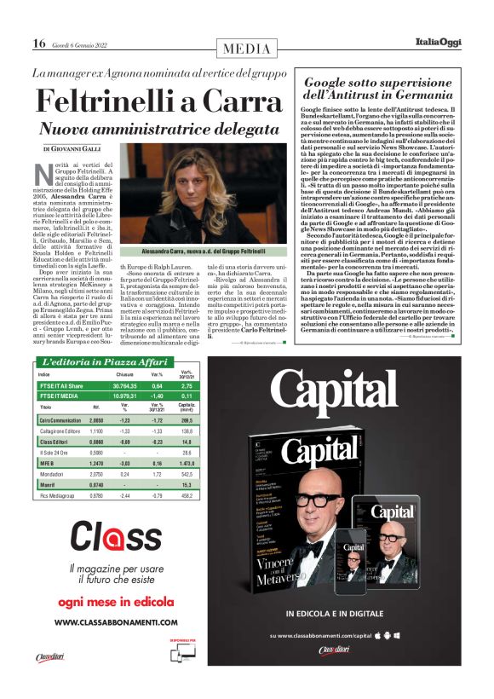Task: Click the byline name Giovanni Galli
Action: (84, 150)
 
